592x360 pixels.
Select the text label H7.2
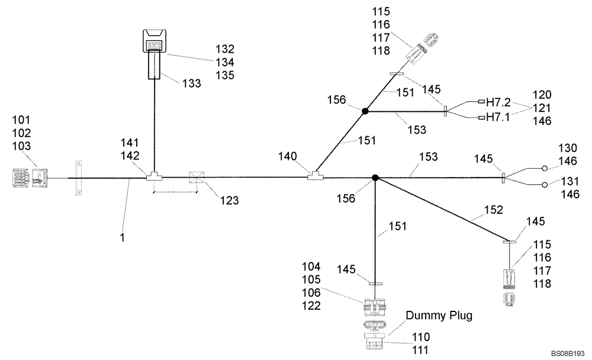coord(498,101)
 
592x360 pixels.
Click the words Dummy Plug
coord(439,316)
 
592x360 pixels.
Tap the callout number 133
coord(191,83)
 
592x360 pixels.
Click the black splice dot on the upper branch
coord(365,111)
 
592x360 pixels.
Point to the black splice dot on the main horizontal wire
coord(375,177)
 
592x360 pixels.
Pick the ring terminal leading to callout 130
coord(545,168)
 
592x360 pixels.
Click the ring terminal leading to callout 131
coord(545,185)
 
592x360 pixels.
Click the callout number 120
coord(542,95)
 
